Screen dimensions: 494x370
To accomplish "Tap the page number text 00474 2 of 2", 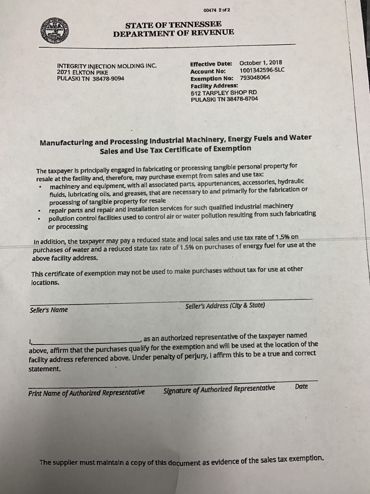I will tap(217, 10).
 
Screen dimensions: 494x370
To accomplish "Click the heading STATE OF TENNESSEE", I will tap(173, 25).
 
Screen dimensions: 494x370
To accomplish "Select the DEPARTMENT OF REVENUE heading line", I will tap(173, 33).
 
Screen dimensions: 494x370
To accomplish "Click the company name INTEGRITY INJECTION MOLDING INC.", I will tap(107, 66).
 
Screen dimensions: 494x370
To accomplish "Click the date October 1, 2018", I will tap(261, 63).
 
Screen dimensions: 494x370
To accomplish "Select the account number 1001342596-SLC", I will tap(262, 70).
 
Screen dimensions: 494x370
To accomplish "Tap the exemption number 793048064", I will tap(255, 78).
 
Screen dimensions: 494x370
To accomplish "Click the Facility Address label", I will tap(214, 86).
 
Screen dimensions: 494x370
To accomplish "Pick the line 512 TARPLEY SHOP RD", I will tap(224, 93).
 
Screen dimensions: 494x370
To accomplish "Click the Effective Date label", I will tap(211, 64).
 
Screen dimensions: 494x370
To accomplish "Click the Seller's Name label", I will tap(49, 310).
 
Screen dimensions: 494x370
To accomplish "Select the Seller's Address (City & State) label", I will tap(225, 306).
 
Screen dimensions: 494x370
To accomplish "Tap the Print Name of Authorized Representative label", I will tap(86, 393).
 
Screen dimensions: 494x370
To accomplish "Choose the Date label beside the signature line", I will tap(301, 387).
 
